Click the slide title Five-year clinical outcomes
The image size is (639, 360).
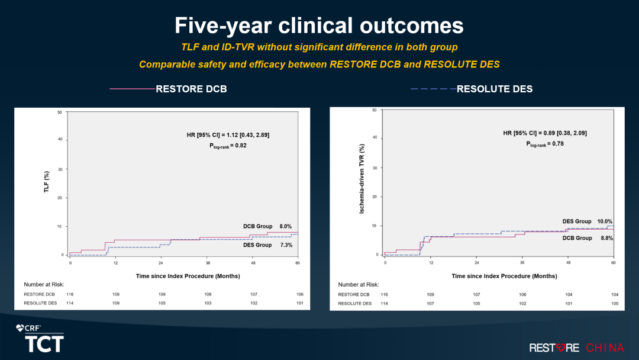click(x=319, y=25)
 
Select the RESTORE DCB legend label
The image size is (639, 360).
click(x=191, y=89)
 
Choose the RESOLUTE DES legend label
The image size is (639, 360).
click(x=495, y=89)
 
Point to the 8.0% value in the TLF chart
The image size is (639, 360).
click(x=286, y=226)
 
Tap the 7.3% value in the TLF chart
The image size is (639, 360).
click(x=286, y=245)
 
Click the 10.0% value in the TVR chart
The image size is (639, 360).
click(x=605, y=221)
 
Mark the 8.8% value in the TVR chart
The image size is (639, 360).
click(x=606, y=238)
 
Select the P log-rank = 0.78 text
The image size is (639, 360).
click(x=545, y=143)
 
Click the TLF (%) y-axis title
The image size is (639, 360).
click(x=46, y=182)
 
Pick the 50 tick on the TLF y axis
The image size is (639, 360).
click(x=60, y=112)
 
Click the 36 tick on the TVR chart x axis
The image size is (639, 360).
click(x=522, y=262)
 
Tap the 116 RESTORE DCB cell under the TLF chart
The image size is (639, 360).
click(x=70, y=294)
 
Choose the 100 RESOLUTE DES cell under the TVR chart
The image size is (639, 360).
click(x=614, y=303)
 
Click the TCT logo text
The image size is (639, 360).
click(x=44, y=343)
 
